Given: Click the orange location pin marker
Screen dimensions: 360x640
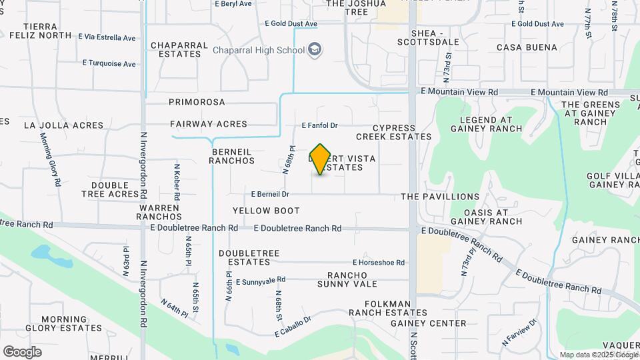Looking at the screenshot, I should pyautogui.click(x=321, y=159).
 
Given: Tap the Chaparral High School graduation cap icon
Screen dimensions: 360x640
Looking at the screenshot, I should pyautogui.click(x=314, y=50).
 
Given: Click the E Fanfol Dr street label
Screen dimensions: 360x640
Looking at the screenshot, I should pyautogui.click(x=320, y=125).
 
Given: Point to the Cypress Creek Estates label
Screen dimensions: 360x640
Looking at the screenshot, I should pyautogui.click(x=393, y=132).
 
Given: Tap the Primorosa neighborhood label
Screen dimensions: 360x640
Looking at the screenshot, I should pyautogui.click(x=197, y=102).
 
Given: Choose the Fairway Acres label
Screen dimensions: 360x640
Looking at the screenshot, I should pyautogui.click(x=208, y=124).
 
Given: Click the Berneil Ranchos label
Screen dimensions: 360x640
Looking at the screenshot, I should pyautogui.click(x=233, y=156).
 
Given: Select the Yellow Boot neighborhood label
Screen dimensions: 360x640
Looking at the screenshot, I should pyautogui.click(x=266, y=211).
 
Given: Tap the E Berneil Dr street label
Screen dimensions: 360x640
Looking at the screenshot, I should pyautogui.click(x=270, y=194).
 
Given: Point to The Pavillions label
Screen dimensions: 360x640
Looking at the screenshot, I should pyautogui.click(x=440, y=197).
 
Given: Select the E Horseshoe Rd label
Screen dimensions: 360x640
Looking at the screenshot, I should pyautogui.click(x=379, y=263).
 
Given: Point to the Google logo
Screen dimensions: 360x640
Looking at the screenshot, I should pyautogui.click(x=22, y=352).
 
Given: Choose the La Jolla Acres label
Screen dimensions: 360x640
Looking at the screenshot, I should pyautogui.click(x=64, y=125).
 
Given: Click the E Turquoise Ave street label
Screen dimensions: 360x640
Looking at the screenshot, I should pyautogui.click(x=109, y=63).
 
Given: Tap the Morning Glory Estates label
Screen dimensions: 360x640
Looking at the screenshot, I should pyautogui.click(x=64, y=323).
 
